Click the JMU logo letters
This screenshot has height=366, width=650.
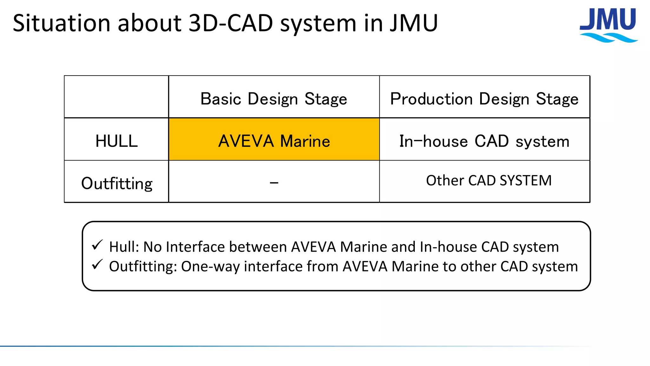pos(607,20)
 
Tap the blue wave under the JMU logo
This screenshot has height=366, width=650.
pos(609,38)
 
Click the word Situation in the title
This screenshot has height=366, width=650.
pos(61,24)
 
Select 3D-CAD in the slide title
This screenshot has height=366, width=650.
pos(230,24)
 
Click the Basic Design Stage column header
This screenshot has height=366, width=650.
pos(274,98)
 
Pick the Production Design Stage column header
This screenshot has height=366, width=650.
pos(484,98)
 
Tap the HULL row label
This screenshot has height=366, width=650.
pos(116,141)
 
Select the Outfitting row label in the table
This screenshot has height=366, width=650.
pos(116,183)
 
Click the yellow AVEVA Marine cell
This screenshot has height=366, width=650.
pos(274,141)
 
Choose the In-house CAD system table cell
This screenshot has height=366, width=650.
pos(484,141)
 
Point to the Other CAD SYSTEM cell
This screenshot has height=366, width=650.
pos(488,180)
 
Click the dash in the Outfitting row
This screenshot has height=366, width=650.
pos(274,183)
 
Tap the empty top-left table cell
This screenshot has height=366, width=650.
pos(116,97)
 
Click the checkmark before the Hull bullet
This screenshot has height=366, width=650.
pos(97,245)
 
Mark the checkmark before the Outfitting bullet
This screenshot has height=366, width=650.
pos(97,264)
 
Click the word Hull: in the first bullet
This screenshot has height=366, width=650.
pos(124,247)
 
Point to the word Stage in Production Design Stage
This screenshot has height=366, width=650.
pos(557,99)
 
